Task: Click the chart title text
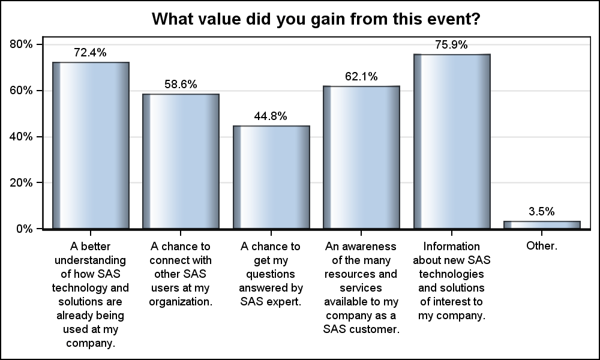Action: (x=315, y=19)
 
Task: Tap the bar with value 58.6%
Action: (x=181, y=161)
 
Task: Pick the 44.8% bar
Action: (x=271, y=177)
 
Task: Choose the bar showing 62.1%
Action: (x=361, y=157)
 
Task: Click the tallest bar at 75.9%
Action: (x=452, y=141)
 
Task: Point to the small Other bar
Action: (x=542, y=225)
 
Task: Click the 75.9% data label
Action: (x=452, y=44)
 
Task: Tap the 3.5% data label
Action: (x=542, y=211)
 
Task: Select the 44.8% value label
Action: (x=271, y=116)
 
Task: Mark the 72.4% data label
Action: (x=90, y=53)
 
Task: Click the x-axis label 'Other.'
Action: (x=542, y=246)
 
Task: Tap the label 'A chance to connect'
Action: (x=181, y=274)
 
